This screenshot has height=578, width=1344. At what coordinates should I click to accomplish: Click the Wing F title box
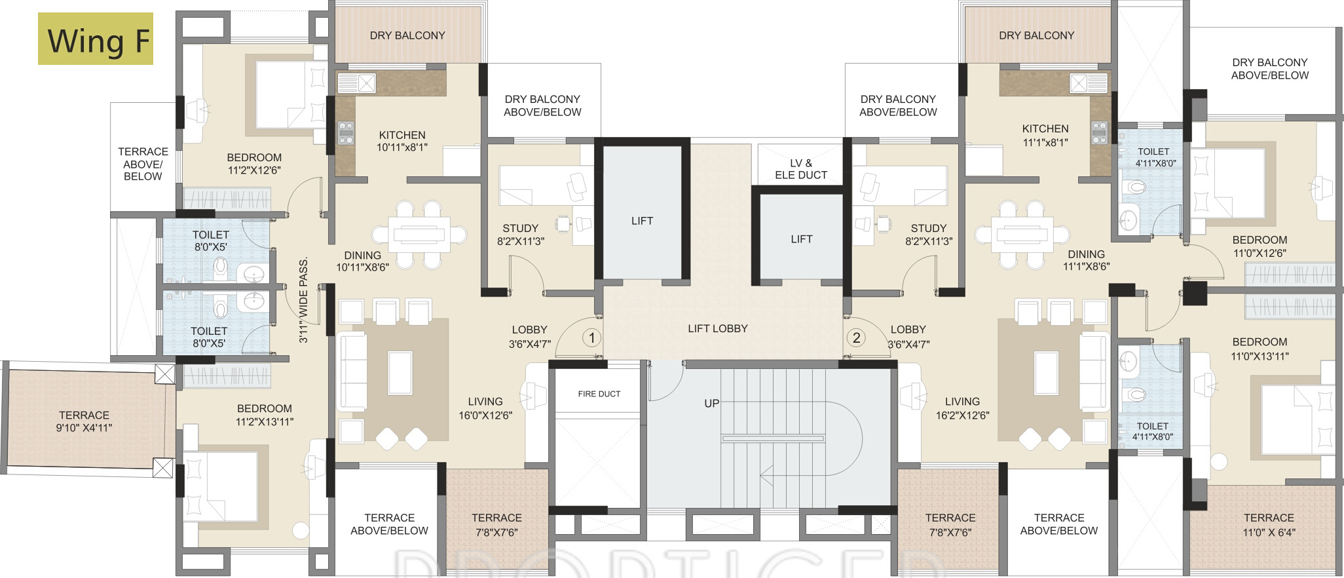tap(96, 39)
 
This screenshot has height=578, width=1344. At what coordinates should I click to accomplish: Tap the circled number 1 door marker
tap(592, 338)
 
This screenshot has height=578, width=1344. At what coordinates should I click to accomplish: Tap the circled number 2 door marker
tap(856, 338)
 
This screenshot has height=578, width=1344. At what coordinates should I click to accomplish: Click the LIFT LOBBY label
tap(718, 329)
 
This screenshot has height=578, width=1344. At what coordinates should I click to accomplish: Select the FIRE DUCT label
tap(599, 394)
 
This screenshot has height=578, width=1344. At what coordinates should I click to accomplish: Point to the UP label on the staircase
tap(712, 404)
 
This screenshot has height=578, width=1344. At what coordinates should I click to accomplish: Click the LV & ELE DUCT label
tap(801, 169)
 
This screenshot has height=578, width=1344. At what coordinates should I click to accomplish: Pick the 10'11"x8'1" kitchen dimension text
tap(402, 147)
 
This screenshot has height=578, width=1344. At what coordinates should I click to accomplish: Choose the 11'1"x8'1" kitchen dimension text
tap(1045, 142)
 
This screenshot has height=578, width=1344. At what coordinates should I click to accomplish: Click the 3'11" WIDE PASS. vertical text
tap(303, 301)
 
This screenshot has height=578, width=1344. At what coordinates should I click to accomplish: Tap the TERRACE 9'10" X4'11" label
tap(84, 421)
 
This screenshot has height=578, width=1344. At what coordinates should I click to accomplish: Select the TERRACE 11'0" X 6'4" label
tap(1269, 526)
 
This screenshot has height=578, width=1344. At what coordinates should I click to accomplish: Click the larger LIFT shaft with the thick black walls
tap(643, 211)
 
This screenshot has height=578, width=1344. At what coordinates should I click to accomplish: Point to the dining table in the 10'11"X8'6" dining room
tap(419, 235)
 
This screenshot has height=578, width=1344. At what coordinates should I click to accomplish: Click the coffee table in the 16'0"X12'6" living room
tap(400, 373)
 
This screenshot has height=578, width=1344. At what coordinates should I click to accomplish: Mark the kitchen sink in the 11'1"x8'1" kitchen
tap(1089, 83)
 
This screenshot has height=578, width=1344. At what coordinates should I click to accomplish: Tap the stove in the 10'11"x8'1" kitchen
tap(346, 133)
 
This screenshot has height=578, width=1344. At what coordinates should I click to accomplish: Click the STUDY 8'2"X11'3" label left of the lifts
tap(521, 235)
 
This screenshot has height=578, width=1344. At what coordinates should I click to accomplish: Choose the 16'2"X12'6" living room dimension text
tap(962, 415)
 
